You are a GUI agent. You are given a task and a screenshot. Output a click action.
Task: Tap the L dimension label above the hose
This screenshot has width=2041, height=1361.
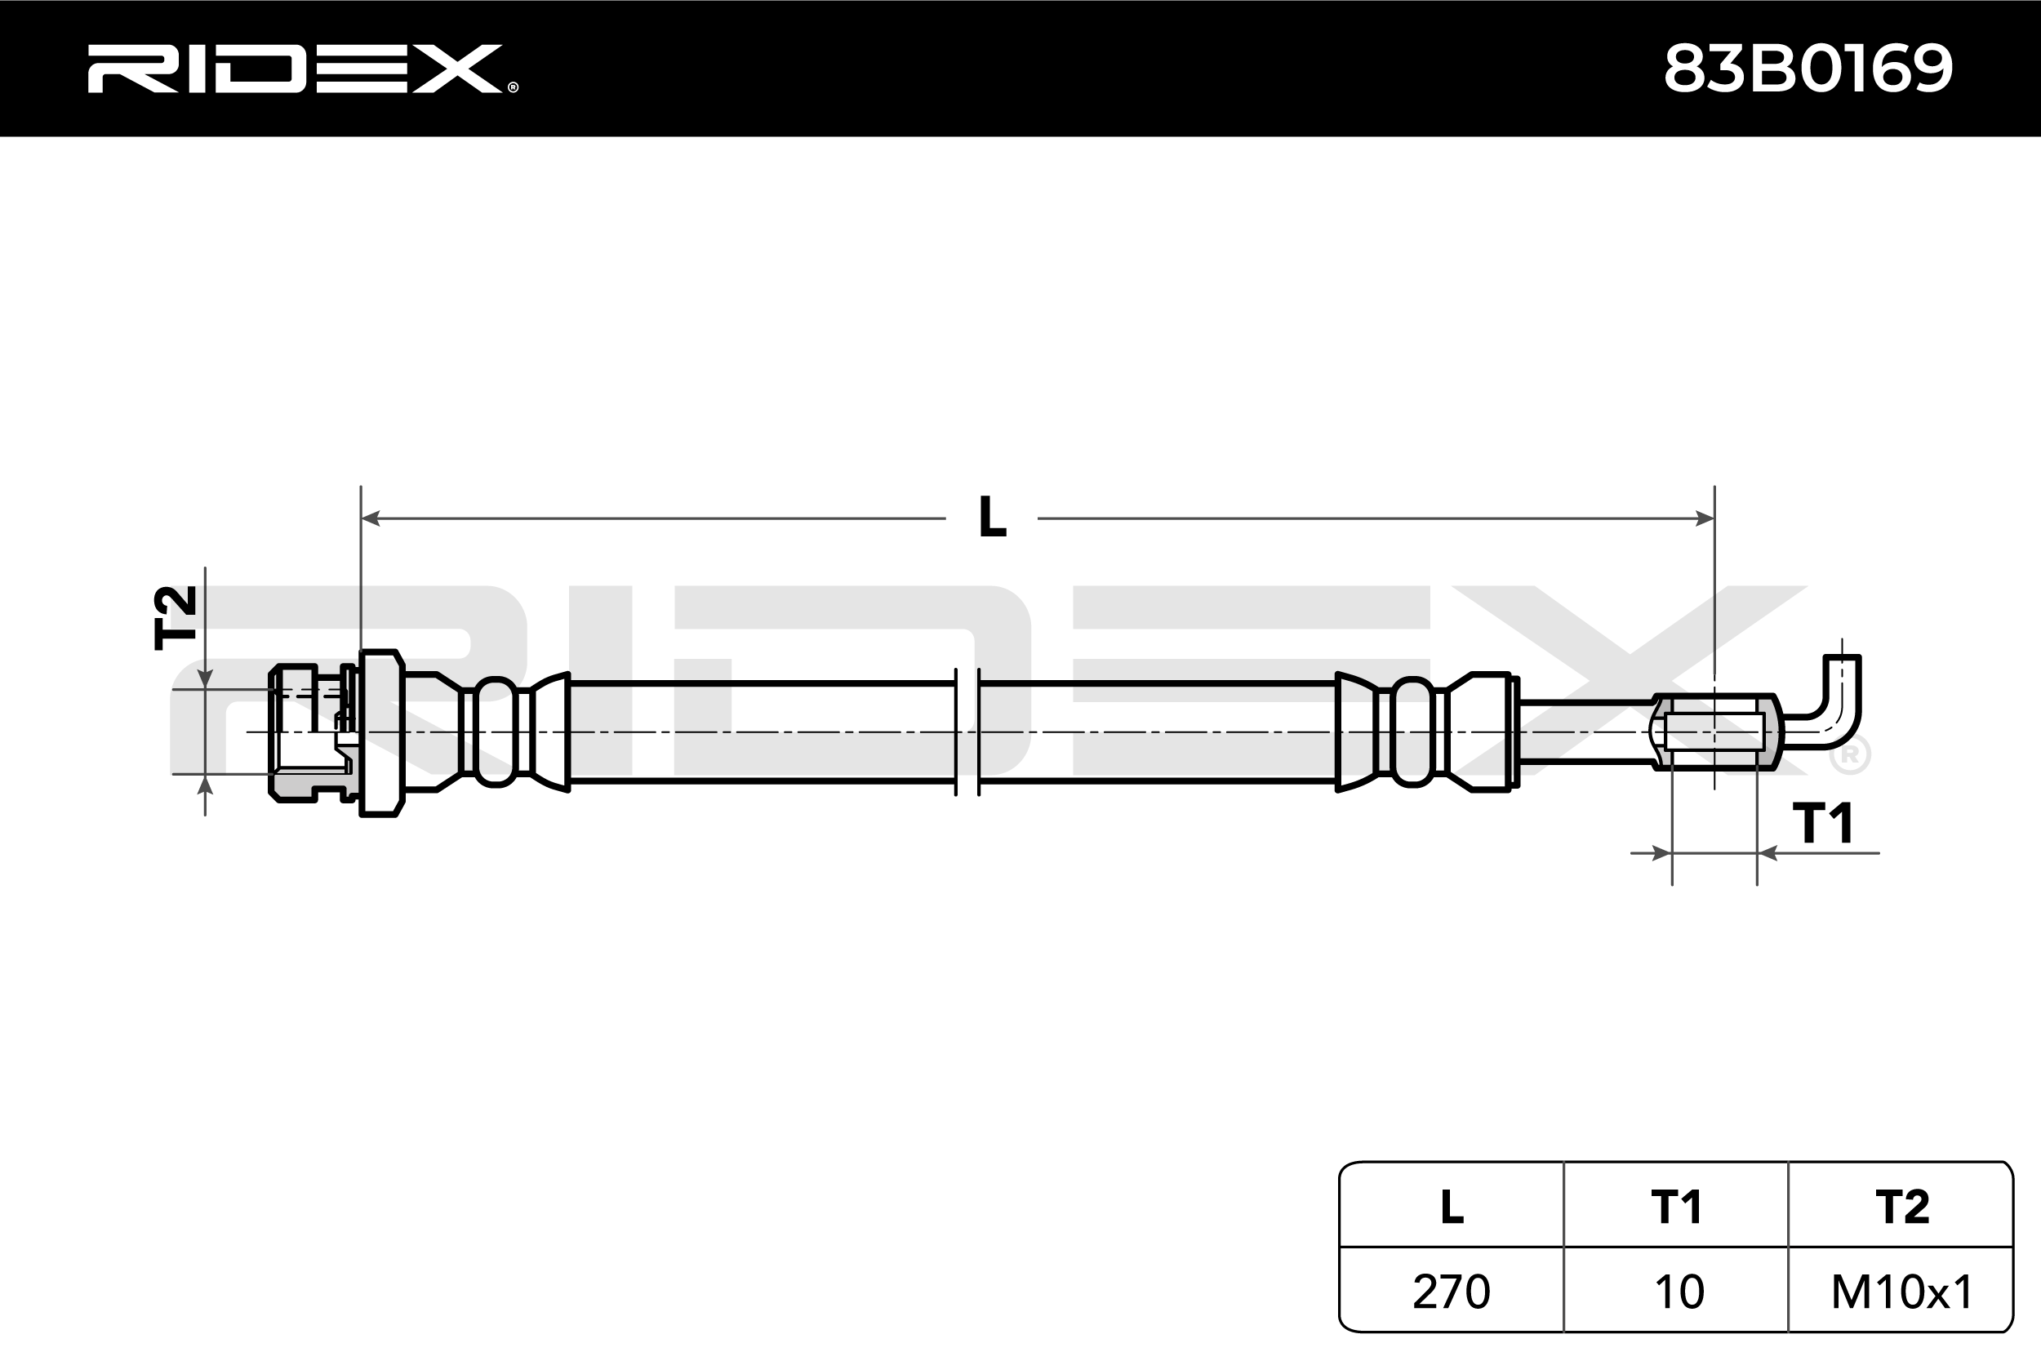pos(992,518)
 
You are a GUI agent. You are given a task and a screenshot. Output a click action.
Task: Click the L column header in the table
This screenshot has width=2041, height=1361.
pos(1451,1207)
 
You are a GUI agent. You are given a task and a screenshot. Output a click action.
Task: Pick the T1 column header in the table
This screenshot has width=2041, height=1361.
pos(1676,1207)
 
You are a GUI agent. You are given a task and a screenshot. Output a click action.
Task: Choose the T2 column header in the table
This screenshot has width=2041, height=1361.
pos(1901,1207)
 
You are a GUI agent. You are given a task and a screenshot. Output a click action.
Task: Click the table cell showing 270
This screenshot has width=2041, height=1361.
pos(1451,1292)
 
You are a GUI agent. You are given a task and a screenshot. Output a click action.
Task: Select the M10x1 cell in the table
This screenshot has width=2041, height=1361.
pos(1902,1292)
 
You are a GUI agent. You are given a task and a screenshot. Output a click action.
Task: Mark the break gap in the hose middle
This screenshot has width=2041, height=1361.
pos(967,732)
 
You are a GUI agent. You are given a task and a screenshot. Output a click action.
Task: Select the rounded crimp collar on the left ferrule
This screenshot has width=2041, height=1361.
pos(496,732)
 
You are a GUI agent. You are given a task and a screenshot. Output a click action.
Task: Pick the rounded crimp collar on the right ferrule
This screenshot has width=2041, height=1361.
pos(1412,732)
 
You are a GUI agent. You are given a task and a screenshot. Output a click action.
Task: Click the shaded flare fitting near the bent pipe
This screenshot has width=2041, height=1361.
pos(1714,732)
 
